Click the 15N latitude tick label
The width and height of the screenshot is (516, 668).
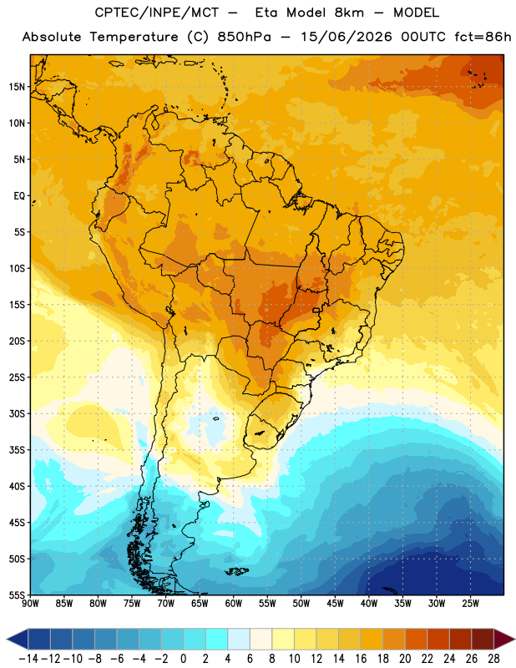click(16, 87)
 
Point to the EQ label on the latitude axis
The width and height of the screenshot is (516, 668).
click(19, 196)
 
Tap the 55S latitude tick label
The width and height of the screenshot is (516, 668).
click(16, 595)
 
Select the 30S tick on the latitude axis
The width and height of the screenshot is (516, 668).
click(16, 413)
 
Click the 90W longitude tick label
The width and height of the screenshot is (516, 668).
click(30, 604)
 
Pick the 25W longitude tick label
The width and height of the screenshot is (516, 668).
click(470, 604)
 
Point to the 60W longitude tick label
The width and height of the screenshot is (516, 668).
click(234, 604)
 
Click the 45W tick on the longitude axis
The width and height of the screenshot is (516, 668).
click(335, 604)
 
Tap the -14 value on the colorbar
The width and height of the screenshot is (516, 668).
click(28, 659)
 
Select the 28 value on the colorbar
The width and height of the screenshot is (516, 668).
click(493, 659)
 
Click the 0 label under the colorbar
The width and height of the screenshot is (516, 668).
click(183, 659)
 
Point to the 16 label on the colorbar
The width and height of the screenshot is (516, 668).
click(361, 659)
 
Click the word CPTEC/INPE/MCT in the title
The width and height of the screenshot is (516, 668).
click(157, 13)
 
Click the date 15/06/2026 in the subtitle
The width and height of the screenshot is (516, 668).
click(346, 37)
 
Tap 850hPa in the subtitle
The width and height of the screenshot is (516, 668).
click(244, 37)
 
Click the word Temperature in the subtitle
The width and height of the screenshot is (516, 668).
click(134, 37)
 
